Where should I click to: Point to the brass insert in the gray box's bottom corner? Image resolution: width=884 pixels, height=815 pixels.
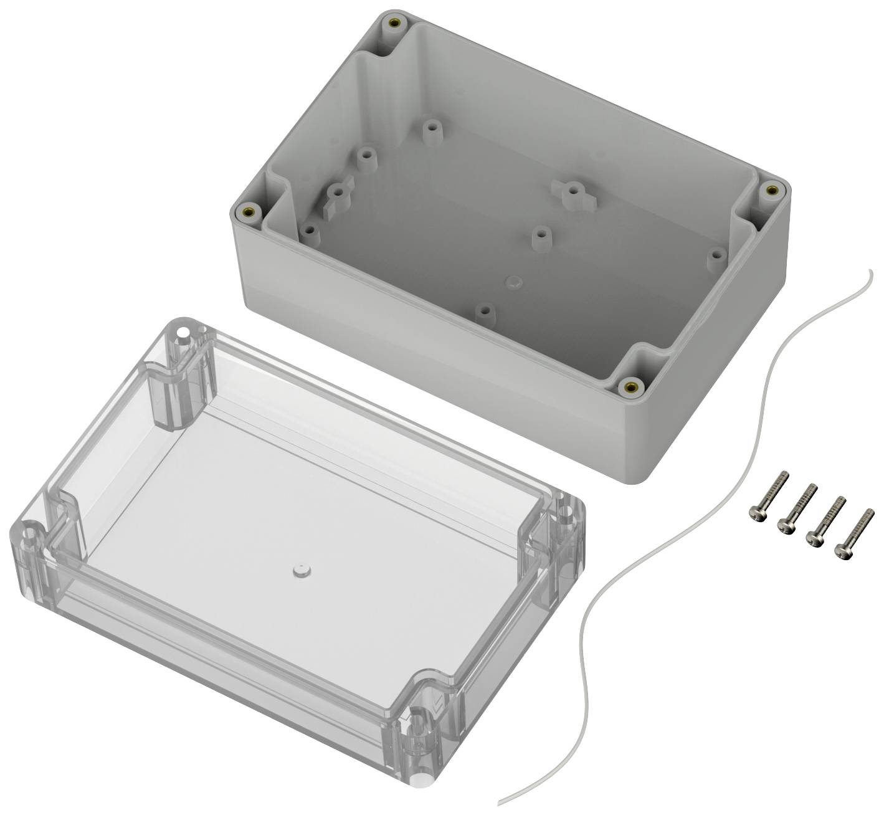632,386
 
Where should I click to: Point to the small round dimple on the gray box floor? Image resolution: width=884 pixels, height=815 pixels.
513,280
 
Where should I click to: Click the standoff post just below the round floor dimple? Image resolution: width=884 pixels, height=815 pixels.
485,312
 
